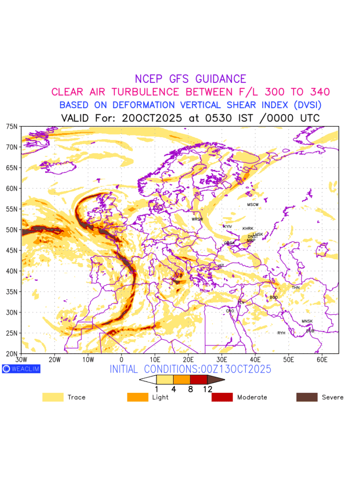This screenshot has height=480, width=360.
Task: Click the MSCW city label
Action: (x=253, y=205)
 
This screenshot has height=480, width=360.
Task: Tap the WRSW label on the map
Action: (x=197, y=219)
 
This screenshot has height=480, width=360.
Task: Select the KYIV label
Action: (x=228, y=226)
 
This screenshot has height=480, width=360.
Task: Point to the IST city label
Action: (x=221, y=266)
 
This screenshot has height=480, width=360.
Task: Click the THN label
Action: (x=296, y=287)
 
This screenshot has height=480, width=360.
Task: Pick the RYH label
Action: (x=281, y=333)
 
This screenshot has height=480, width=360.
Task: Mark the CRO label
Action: (x=230, y=311)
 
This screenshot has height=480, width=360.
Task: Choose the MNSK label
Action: (x=307, y=321)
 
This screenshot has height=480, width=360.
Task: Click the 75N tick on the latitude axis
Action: (x=12, y=126)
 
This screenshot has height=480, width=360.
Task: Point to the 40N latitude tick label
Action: (x=12, y=271)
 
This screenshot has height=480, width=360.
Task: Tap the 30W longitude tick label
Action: (x=21, y=360)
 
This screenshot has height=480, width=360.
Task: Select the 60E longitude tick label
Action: (x=322, y=360)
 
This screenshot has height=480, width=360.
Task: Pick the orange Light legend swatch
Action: (x=138, y=397)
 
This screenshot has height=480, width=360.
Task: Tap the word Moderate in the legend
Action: (x=252, y=397)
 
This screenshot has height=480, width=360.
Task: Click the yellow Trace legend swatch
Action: (x=53, y=397)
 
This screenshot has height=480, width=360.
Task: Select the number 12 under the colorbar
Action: (x=207, y=389)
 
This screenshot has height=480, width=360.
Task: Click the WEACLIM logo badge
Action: (x=21, y=369)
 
